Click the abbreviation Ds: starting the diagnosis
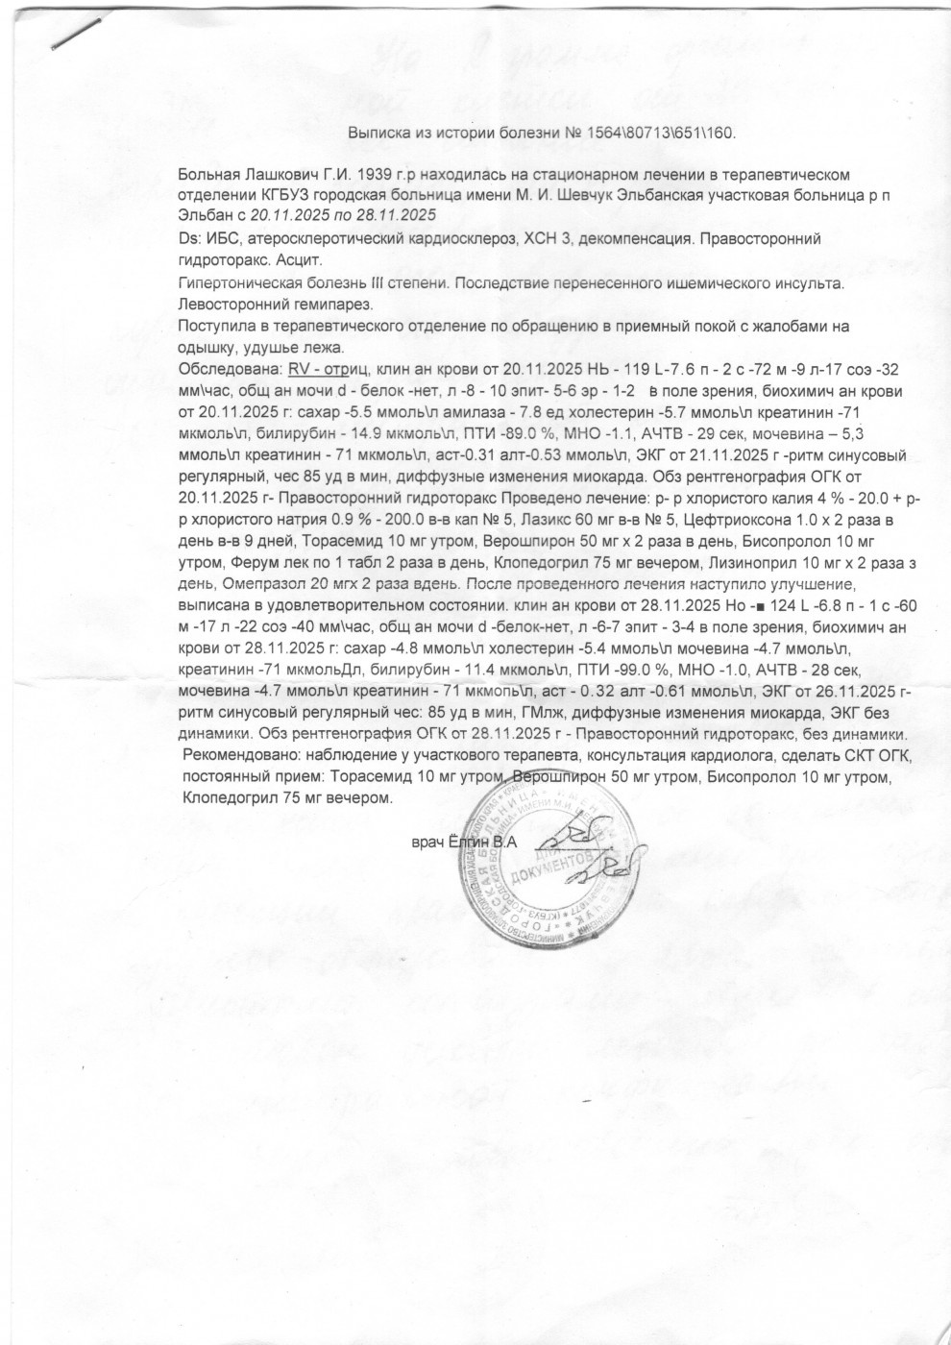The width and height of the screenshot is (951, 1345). tap(189, 238)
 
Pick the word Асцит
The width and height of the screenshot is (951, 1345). tap(300, 260)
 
